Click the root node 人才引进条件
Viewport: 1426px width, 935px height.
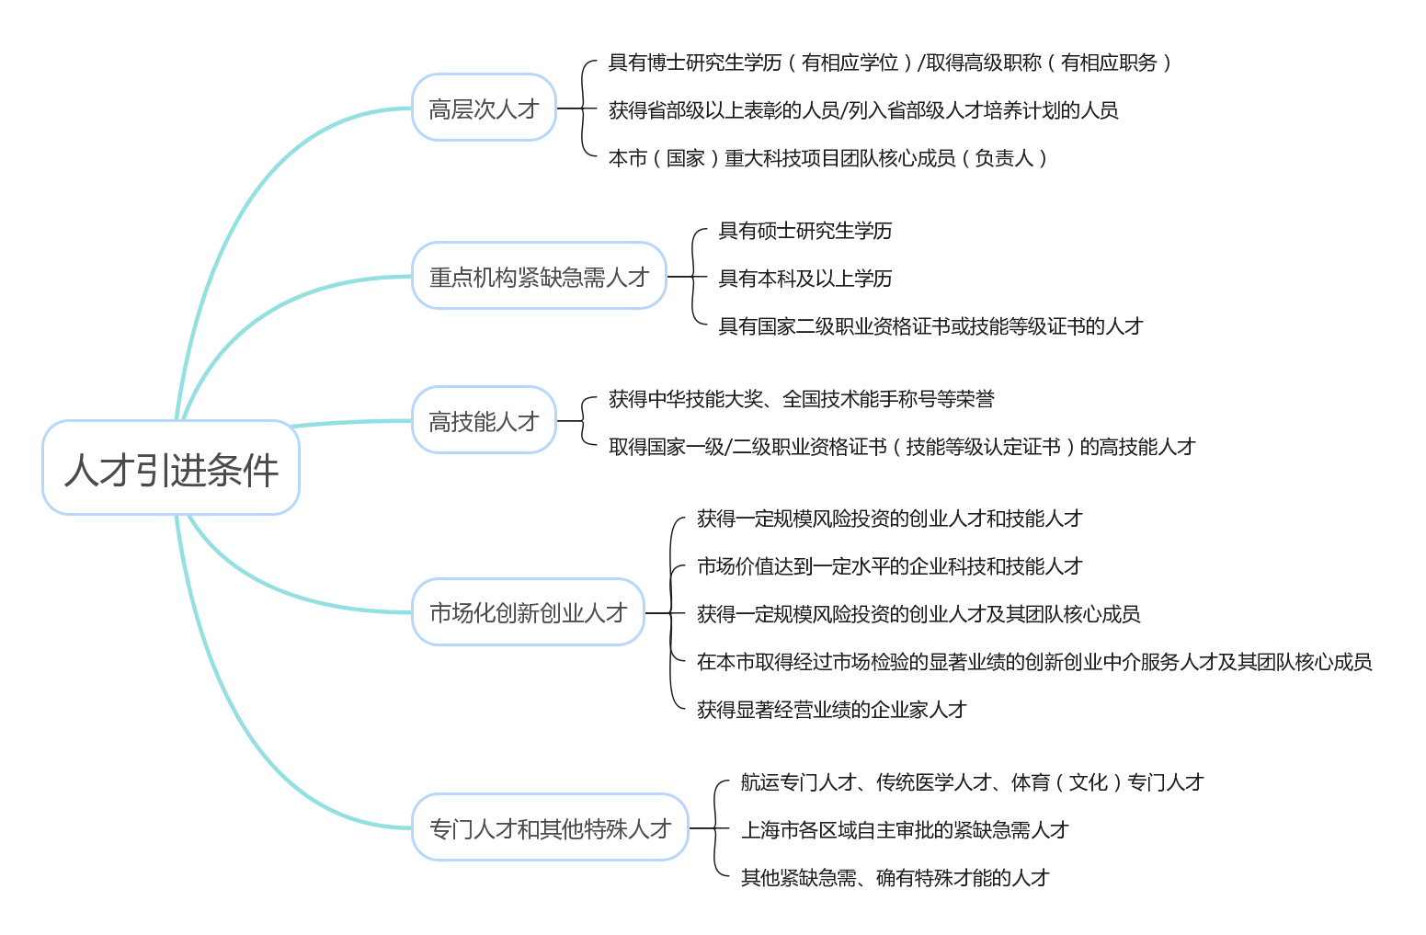171,467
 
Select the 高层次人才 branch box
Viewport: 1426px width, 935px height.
484,108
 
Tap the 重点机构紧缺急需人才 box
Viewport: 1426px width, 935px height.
539,276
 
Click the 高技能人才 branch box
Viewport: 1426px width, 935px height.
484,420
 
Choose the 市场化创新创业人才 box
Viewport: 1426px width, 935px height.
528,611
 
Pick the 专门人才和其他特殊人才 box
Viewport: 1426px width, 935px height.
550,827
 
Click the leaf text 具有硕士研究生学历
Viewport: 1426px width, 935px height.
804,231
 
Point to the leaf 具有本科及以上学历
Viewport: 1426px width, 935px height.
804,279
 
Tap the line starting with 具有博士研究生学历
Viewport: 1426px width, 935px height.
889,63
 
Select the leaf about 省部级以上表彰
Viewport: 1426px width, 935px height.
863,110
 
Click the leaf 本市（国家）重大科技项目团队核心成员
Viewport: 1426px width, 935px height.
827,158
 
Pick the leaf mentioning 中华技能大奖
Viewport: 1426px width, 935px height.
802,399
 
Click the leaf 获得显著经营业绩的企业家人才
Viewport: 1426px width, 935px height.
832,709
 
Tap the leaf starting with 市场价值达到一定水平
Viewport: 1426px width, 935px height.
890,565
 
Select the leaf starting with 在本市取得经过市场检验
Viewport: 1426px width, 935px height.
1034,662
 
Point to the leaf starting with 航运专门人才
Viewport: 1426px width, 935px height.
972,782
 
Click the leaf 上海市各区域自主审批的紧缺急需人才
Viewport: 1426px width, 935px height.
905,830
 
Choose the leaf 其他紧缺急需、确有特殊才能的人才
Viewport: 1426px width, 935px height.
896,878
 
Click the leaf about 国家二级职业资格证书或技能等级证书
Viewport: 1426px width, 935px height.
930,325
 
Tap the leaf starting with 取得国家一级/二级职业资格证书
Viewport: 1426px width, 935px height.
902,447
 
